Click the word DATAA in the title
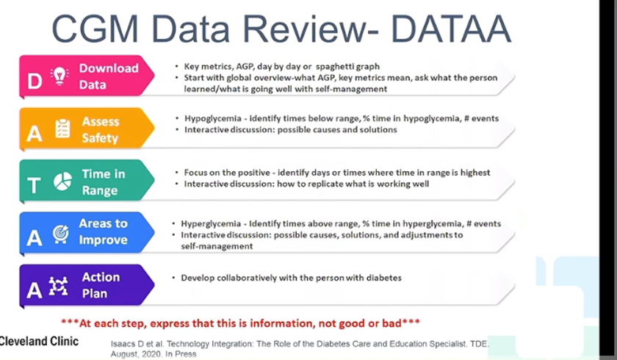[x=451, y=29]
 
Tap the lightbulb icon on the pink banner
[x=59, y=76]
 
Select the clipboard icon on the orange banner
[x=62, y=129]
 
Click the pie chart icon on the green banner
[x=62, y=181]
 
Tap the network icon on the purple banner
[x=58, y=286]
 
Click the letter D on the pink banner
[x=35, y=81]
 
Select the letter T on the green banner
[x=34, y=185]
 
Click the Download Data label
[x=109, y=76]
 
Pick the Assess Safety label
[x=101, y=129]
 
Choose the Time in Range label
[x=103, y=181]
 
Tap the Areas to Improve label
[x=103, y=231]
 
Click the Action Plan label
[x=101, y=285]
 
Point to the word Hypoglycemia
[x=213, y=118]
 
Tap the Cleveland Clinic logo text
[x=39, y=341]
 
